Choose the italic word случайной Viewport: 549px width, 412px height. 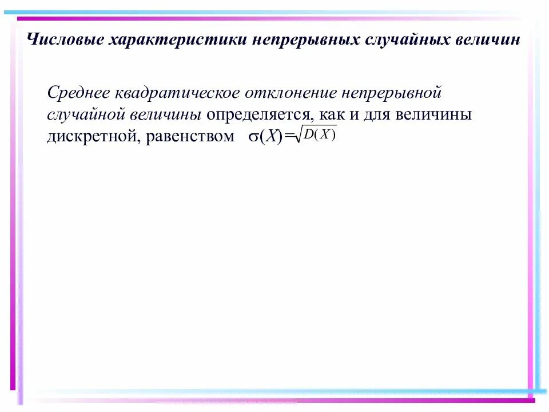(86, 114)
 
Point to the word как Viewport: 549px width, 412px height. (331, 114)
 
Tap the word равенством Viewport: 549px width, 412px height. (190, 136)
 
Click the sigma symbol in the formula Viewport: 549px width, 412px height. (253, 137)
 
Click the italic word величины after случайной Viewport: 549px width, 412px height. (165, 114)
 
